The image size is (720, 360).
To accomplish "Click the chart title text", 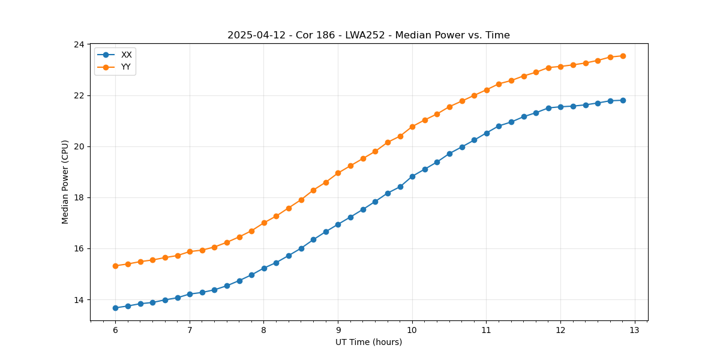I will tap(368, 35).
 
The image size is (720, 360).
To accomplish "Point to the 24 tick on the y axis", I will tap(79, 44).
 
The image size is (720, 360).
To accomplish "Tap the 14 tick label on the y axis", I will tap(79, 300).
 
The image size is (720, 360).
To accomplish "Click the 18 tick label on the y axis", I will tap(79, 198).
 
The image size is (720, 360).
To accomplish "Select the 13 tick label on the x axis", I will tap(635, 330).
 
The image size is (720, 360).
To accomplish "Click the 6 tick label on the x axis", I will tap(115, 330).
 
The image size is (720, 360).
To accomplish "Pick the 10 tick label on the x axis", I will tap(412, 330).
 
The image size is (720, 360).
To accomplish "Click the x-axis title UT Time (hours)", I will tap(368, 342).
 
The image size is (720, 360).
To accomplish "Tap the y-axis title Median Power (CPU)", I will tap(65, 182).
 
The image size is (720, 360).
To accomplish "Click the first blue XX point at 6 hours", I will tap(115, 308).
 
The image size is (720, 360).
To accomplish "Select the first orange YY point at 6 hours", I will tap(115, 266).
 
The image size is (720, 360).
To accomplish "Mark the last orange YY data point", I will tap(623, 56).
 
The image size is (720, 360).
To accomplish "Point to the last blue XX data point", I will tap(623, 100).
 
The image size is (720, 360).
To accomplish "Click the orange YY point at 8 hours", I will tap(264, 223).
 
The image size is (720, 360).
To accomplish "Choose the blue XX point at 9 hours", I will tap(338, 224).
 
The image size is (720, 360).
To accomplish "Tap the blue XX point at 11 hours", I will tap(487, 133).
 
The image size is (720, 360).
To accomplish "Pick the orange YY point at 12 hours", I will tap(560, 67).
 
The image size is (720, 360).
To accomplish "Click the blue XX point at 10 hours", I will tap(412, 176).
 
